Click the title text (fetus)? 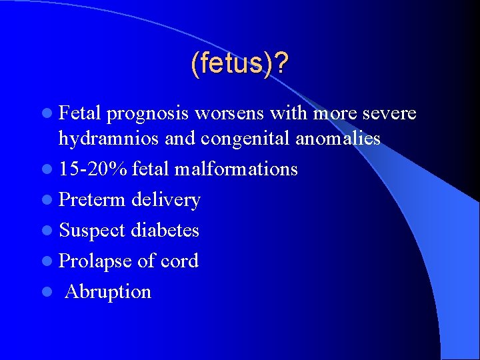click(x=239, y=64)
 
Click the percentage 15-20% click(x=93, y=169)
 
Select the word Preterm click(x=93, y=199)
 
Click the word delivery click(x=166, y=199)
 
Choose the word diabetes click(x=165, y=230)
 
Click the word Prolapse click(x=95, y=261)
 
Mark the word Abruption click(x=108, y=291)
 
